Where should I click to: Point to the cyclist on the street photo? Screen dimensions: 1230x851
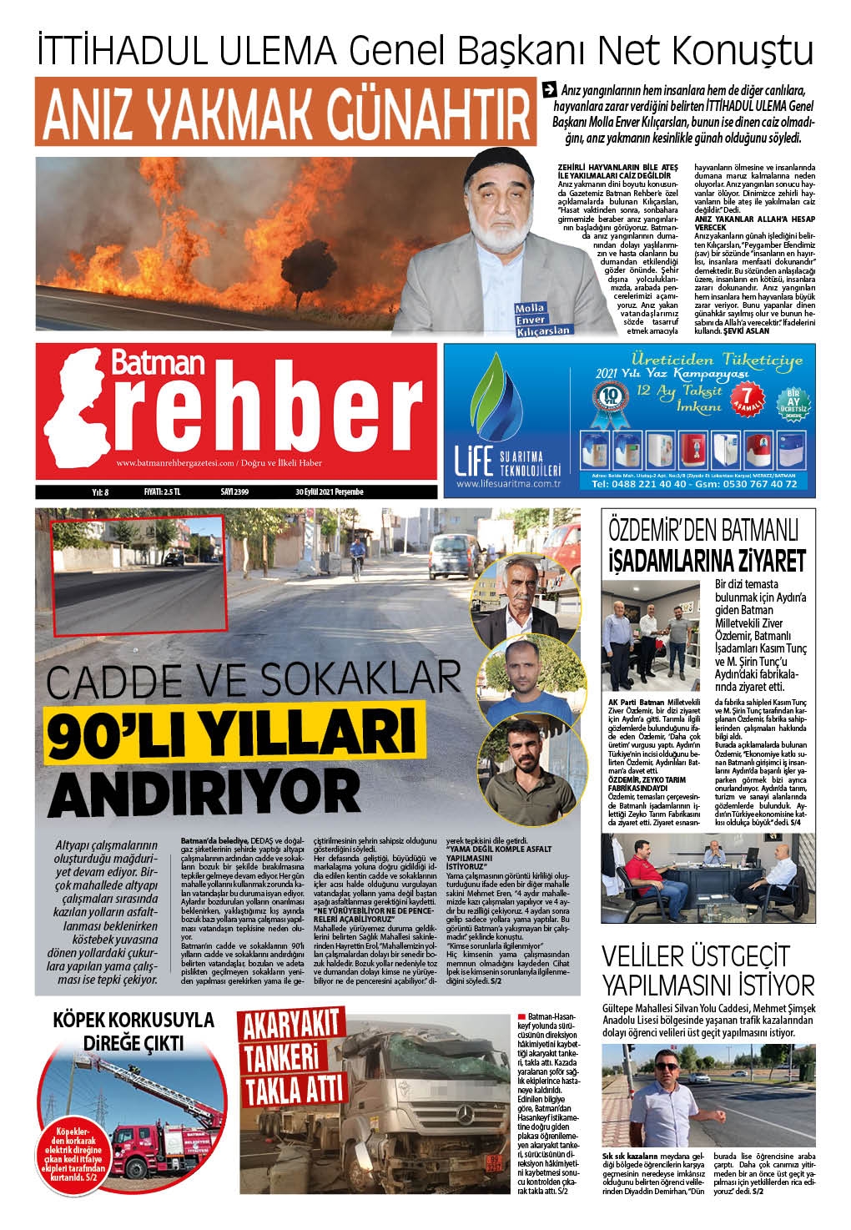tap(355, 556)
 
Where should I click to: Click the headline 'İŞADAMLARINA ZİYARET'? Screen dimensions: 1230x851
tap(706, 559)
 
